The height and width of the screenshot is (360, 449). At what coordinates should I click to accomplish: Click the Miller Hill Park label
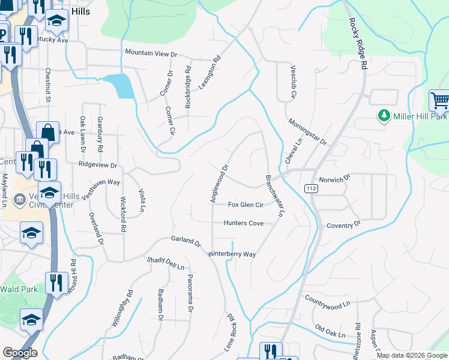coord(420,115)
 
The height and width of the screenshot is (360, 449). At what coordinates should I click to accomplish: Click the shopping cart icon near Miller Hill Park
coord(439,101)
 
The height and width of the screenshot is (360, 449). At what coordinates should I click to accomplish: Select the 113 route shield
coord(311,188)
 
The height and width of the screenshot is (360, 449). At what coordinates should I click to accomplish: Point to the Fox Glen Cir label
coord(246,205)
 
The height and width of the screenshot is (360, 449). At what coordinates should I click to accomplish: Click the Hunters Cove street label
coord(243,223)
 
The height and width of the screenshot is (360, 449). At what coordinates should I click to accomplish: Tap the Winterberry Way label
coord(232,254)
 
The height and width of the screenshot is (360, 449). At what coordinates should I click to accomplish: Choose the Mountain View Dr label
coord(151,53)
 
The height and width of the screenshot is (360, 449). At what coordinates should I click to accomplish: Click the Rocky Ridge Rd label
coord(357,44)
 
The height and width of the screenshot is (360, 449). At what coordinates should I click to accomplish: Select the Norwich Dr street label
coord(334,179)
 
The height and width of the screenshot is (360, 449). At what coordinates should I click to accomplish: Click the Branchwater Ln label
coord(273,196)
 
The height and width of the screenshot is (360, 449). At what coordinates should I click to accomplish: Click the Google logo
coord(20,353)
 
